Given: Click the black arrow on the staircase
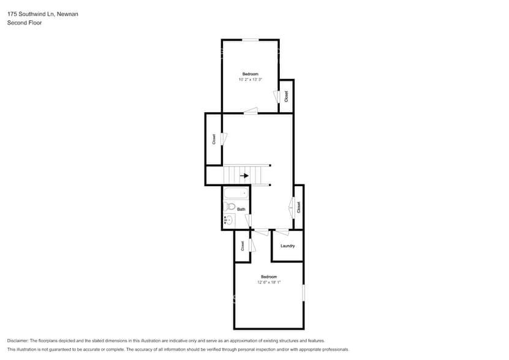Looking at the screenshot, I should (245, 176).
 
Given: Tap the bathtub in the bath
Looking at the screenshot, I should (236, 193).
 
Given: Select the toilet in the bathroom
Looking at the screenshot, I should (228, 206).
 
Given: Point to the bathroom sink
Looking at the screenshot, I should (228, 220).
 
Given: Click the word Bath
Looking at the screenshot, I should (241, 209).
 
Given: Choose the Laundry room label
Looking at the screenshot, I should (287, 246).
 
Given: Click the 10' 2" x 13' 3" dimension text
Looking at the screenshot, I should (250, 80).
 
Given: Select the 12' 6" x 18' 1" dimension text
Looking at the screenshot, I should (268, 282).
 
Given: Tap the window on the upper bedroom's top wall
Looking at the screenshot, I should (250, 40).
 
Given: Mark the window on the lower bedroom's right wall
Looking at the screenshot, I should (303, 292).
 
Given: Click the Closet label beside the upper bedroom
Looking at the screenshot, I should (286, 97).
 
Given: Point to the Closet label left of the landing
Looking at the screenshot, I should (214, 139).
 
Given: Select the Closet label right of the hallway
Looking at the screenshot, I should (298, 207).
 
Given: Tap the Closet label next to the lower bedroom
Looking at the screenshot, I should (243, 246).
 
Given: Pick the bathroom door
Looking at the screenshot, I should (248, 219).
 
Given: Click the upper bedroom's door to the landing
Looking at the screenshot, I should (250, 111).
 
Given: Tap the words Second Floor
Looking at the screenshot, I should (25, 23).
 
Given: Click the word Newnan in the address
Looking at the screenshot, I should (67, 13).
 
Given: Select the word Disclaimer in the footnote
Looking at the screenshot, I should (18, 340).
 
